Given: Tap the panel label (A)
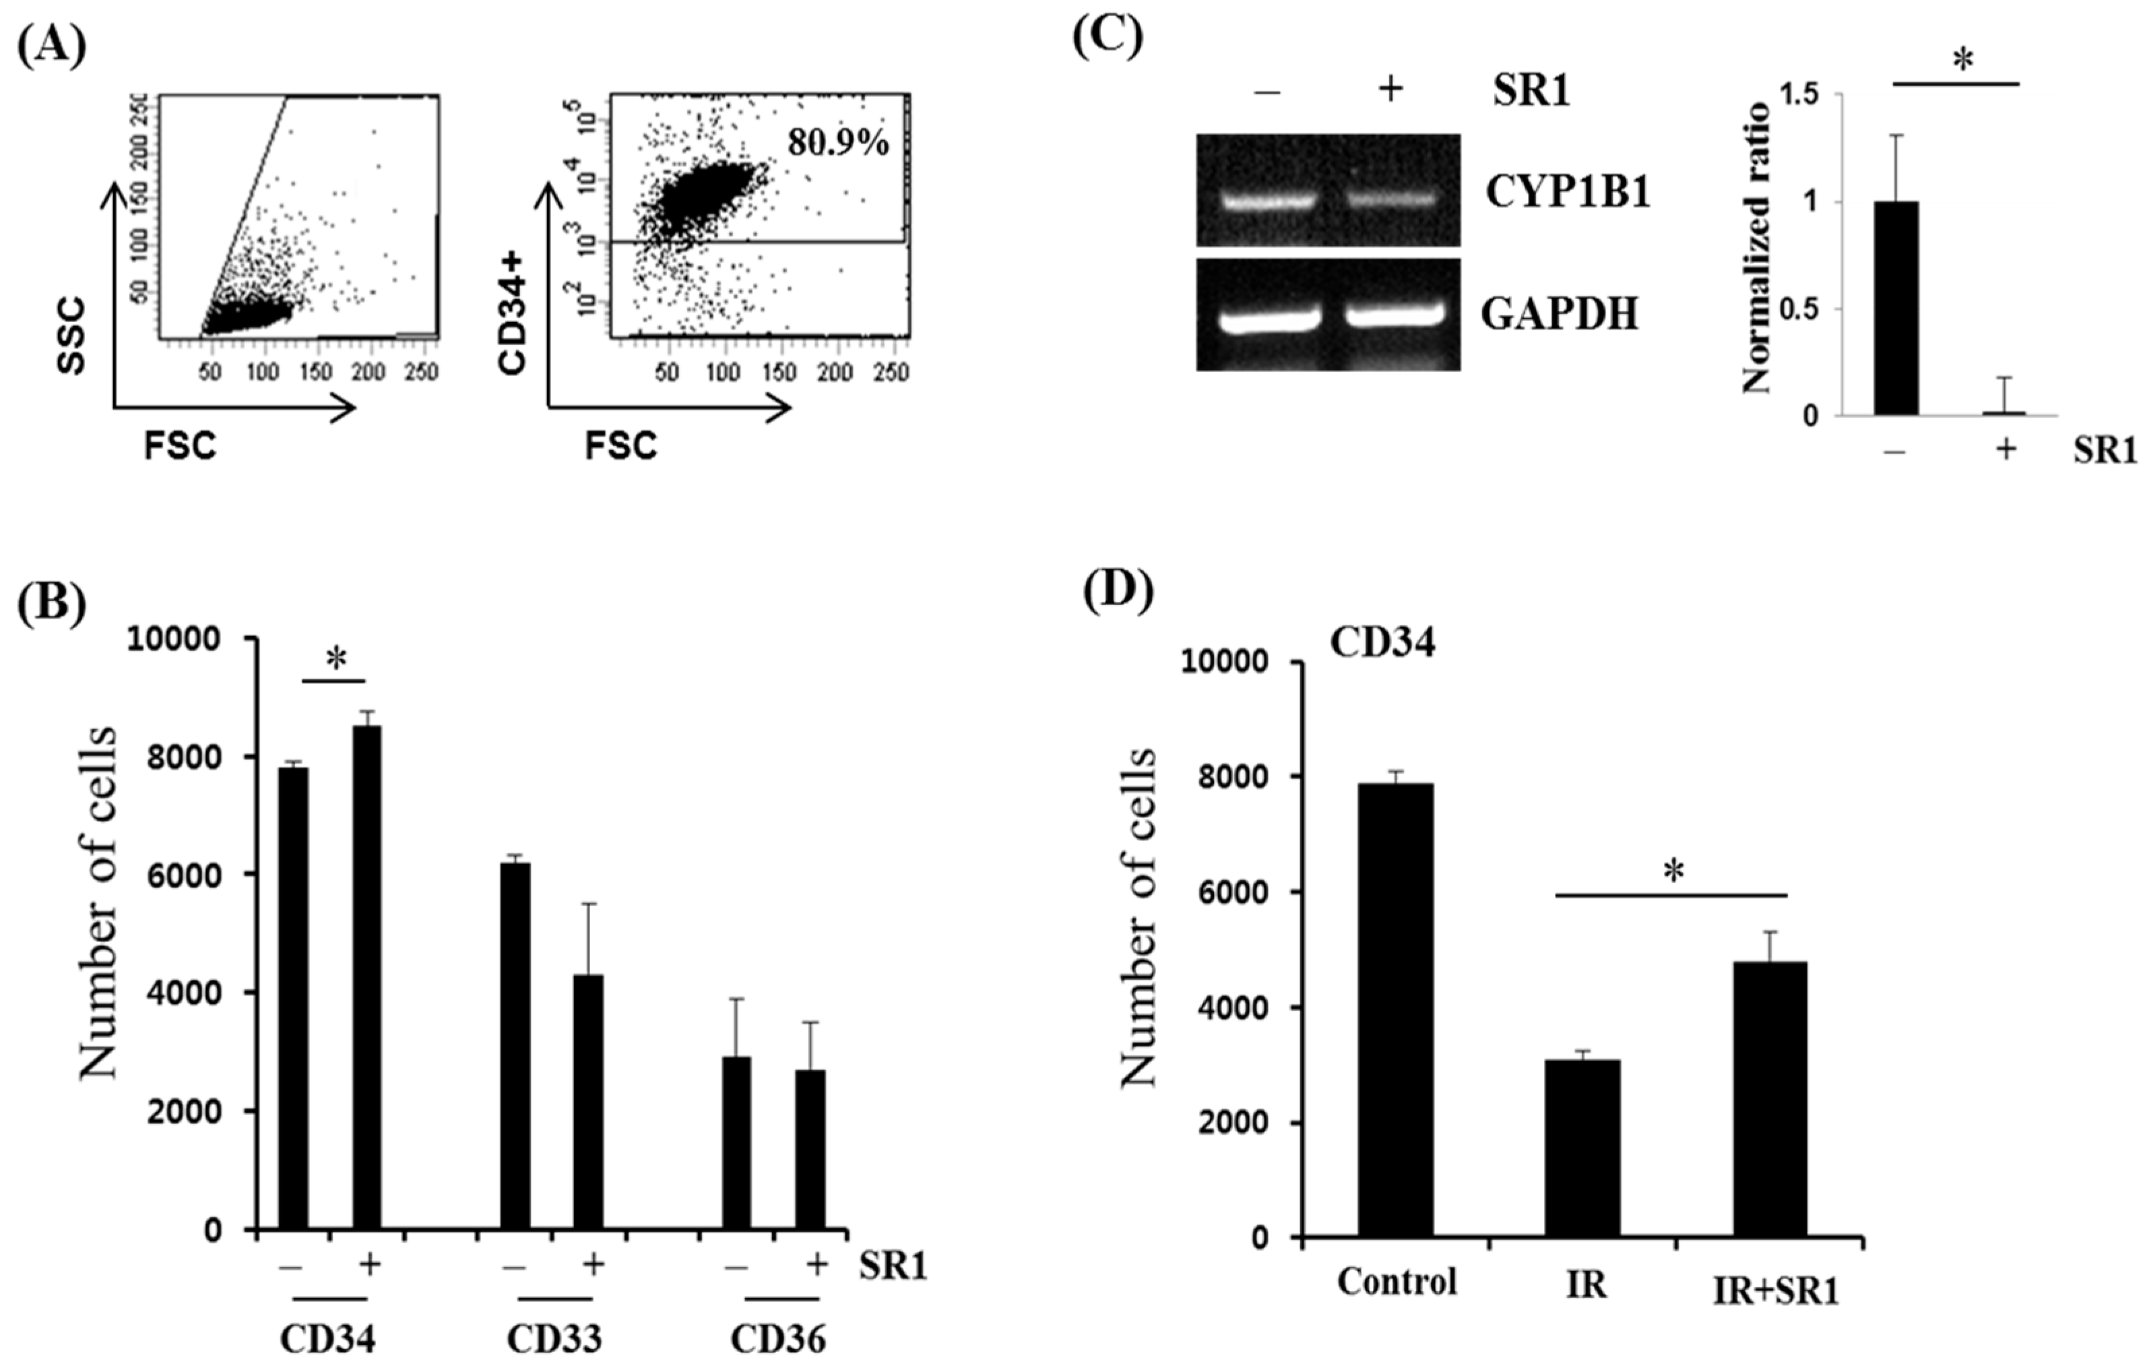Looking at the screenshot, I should tap(52, 45).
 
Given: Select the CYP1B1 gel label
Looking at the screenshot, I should tap(1566, 191).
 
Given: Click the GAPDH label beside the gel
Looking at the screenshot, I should tap(1560, 315).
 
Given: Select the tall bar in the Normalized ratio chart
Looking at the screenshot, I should tap(1896, 307).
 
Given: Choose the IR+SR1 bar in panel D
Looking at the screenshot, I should tap(1770, 1098).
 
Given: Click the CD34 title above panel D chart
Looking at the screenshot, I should tap(1383, 643).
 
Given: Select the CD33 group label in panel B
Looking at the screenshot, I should tap(554, 1339).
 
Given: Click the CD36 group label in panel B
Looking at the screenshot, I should tap(777, 1339).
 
